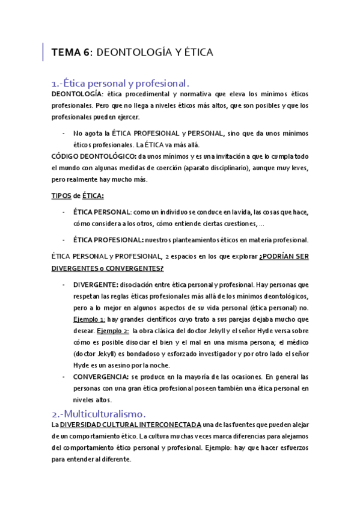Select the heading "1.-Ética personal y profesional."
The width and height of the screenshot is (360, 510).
tap(121, 83)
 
